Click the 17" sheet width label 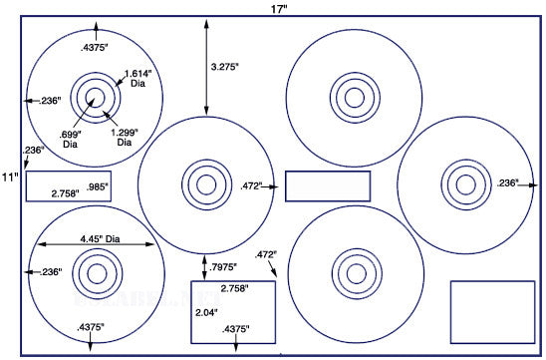click(x=279, y=9)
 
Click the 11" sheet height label click(x=10, y=178)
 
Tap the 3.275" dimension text click(x=224, y=67)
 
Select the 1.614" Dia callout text click(x=138, y=79)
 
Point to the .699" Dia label click(x=71, y=139)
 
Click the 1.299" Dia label click(x=125, y=138)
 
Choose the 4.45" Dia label click(x=100, y=239)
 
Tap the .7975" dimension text click(x=223, y=267)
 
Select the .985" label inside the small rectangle click(x=98, y=186)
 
